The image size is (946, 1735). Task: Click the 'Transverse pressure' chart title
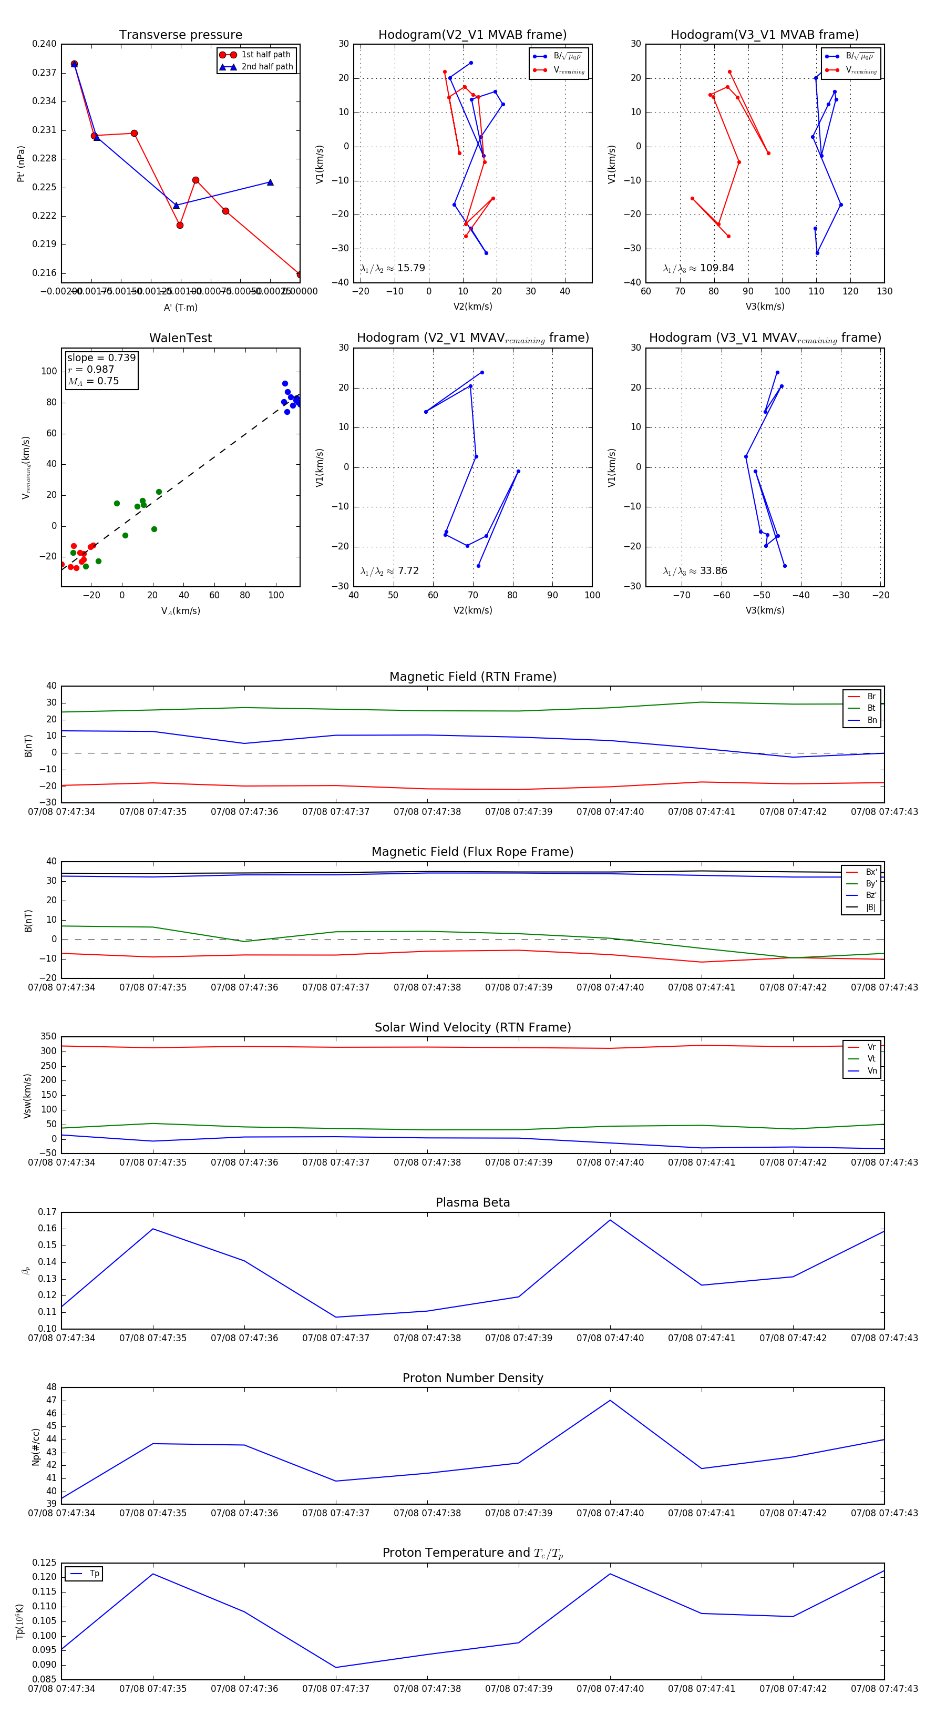coord(180,35)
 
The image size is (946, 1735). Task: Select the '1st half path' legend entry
coord(265,55)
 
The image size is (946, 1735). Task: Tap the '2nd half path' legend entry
coord(266,67)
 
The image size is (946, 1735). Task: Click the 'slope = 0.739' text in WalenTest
coord(101,358)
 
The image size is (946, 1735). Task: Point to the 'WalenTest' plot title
coord(180,338)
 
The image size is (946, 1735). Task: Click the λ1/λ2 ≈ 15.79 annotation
coord(393,268)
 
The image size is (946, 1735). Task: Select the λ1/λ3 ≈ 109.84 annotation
coord(698,268)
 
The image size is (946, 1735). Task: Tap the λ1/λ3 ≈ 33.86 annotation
coord(695,571)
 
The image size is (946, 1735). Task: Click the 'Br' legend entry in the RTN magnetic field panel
coord(871,697)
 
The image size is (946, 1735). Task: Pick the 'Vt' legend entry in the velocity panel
coord(871,1059)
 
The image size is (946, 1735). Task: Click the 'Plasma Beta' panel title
coord(472,1202)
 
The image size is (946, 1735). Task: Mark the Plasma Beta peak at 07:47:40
coord(610,1220)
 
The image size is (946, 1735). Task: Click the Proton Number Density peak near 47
coord(610,1400)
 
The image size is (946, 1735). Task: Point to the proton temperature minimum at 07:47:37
coord(336,1667)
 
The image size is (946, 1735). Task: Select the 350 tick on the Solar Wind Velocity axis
coord(48,1037)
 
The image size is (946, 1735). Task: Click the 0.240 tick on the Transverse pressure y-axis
coord(45,44)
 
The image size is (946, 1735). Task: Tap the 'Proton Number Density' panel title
coord(472,1378)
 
